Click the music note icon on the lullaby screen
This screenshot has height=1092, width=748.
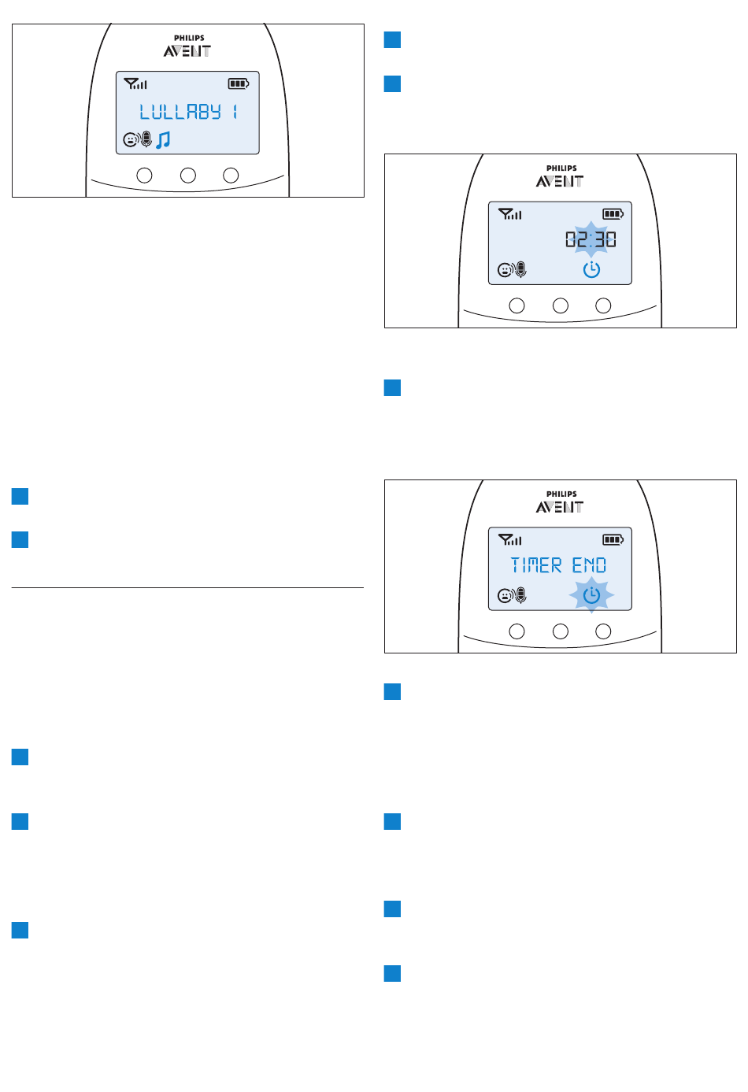tap(163, 140)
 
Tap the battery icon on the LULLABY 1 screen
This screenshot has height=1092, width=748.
tap(238, 83)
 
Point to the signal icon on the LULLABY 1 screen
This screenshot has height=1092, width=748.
tap(135, 83)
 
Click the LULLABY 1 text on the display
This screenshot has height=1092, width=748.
tap(188, 112)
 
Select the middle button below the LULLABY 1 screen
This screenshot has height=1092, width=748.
tap(187, 176)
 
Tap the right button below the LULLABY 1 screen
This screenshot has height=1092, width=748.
tap(231, 176)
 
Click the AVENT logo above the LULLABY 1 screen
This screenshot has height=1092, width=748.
tap(187, 51)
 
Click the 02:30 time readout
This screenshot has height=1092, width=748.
tap(591, 239)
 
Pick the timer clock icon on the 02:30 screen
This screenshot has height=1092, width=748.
tap(591, 270)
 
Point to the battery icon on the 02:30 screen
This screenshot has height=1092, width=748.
tap(613, 213)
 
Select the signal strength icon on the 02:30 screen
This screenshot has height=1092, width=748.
tap(509, 213)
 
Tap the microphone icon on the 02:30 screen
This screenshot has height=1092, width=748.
tap(520, 270)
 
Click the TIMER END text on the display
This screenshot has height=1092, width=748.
tap(558, 565)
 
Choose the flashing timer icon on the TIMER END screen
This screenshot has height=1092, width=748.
tap(591, 595)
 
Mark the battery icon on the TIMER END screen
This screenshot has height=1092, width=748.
tap(613, 539)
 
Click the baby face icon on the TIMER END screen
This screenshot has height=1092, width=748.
tap(505, 596)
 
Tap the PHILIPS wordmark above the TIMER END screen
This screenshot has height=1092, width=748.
tap(561, 494)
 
